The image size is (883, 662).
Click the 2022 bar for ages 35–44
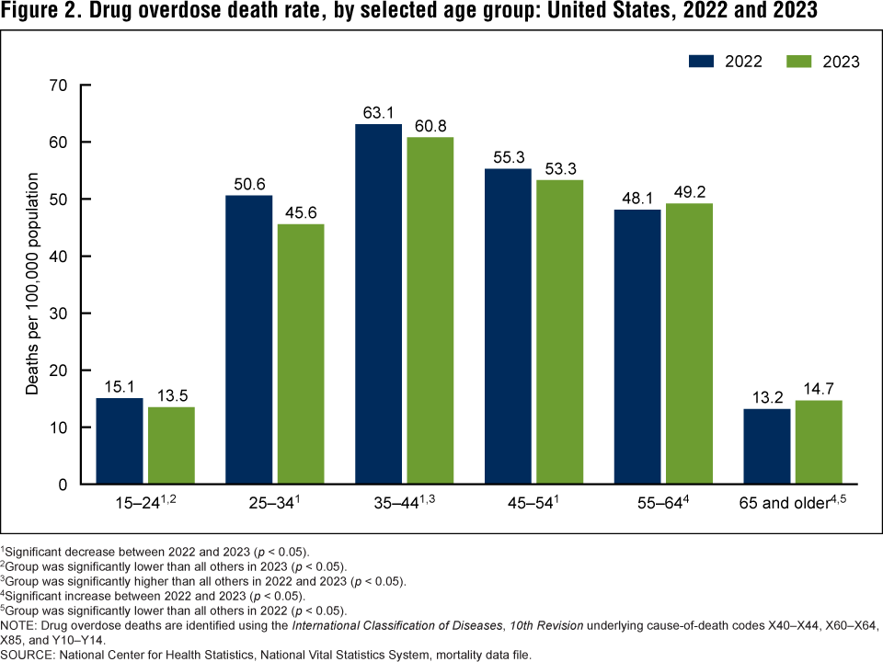pos(378,303)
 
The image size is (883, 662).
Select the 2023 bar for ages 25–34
pos(300,354)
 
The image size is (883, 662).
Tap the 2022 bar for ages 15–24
pos(120,440)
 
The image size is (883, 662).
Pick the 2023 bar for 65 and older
pos(819,441)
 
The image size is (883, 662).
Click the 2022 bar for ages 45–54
pos(508,325)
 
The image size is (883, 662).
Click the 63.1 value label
pos(378,114)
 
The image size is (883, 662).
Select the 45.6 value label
pos(300,213)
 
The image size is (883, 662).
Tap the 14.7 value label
pos(819,390)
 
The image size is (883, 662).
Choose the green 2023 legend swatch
pos(802,61)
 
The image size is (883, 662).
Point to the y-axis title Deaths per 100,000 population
pos(32,283)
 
